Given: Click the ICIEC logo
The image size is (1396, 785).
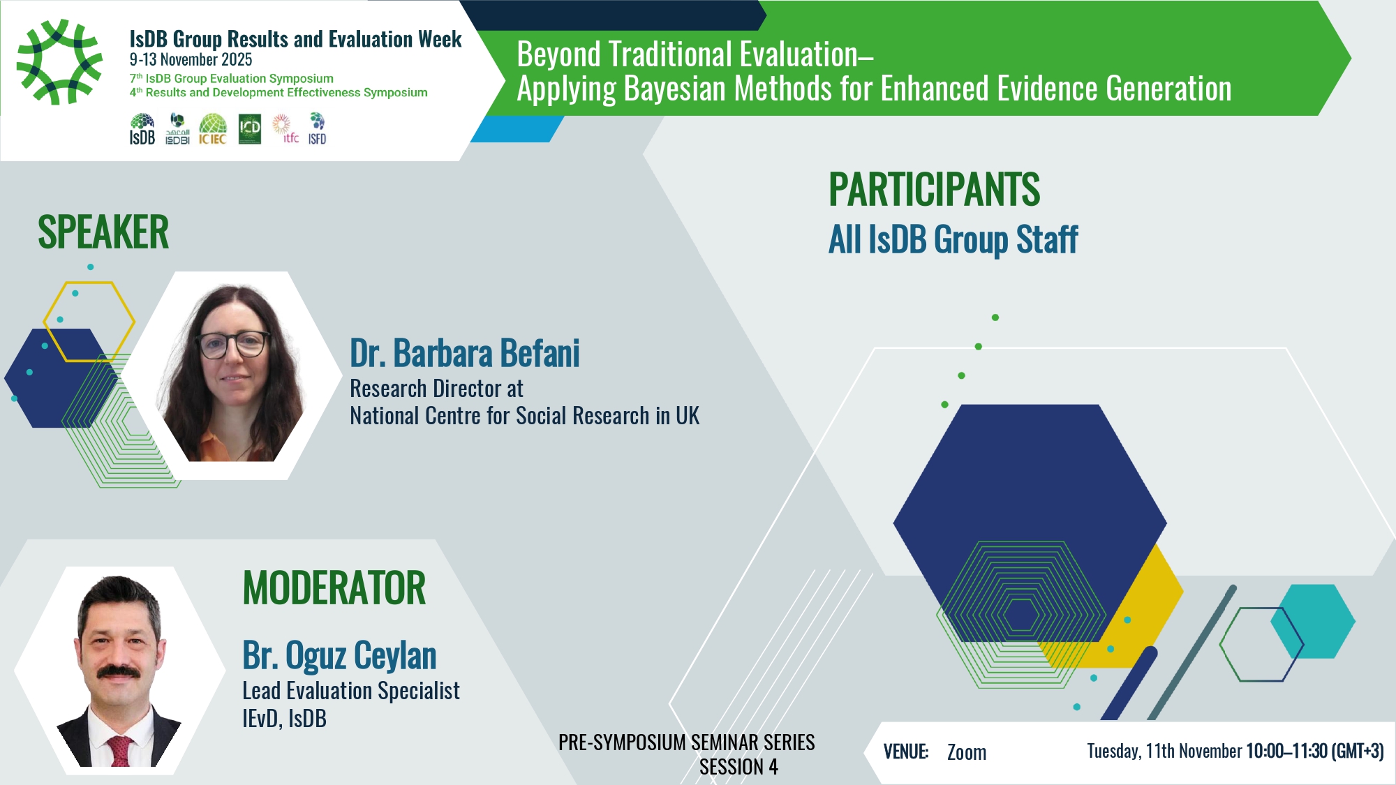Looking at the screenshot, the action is pos(213,129).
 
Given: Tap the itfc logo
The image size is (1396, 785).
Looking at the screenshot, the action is pos(285,129).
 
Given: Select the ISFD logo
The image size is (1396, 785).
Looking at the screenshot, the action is pos(318,129).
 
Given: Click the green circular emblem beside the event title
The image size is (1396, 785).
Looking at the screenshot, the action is pos(60,62).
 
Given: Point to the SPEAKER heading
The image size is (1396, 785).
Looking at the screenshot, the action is pos(103,232).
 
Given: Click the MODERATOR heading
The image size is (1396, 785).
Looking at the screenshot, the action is pos(334,588).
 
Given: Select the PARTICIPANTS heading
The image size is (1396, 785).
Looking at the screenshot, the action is pos(935,189).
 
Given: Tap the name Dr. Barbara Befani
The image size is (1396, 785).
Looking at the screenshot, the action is pos(465,353).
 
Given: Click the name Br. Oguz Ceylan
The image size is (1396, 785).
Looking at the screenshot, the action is pos(339,655).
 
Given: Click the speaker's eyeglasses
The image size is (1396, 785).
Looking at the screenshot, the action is pos(233,344).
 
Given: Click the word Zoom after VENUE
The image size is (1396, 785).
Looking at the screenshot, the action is pos(967,752).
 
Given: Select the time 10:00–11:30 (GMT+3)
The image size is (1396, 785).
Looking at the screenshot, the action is pos(1315,751).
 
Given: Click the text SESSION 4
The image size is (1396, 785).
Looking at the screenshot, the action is pos(738,767).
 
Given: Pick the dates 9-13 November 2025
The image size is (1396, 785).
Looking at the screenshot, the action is pos(191,60).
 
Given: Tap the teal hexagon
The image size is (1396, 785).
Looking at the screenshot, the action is pos(1313,621).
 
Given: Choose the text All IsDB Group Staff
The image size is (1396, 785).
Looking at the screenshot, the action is pos(953,240).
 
